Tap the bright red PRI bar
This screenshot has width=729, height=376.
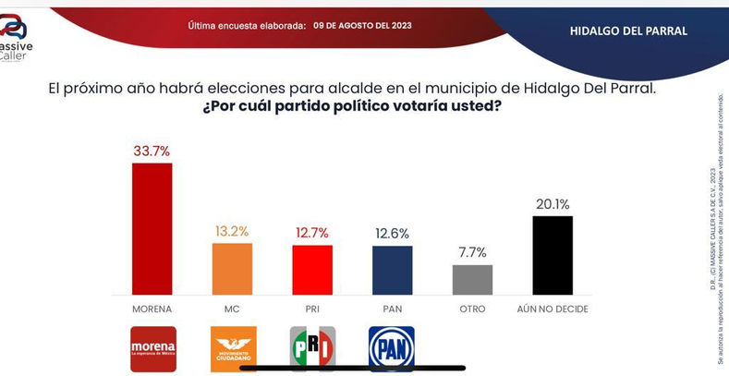[x=312, y=269]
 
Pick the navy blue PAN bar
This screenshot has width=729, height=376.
[x=393, y=269]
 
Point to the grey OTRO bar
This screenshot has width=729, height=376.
[x=472, y=278]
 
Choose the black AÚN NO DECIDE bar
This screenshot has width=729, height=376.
[x=553, y=254]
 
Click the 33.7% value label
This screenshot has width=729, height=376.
[x=152, y=151]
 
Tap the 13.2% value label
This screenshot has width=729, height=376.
[x=233, y=231]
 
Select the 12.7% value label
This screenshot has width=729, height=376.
[x=312, y=233]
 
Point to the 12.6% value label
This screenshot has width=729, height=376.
[x=393, y=234]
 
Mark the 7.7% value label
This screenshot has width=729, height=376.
[x=472, y=252]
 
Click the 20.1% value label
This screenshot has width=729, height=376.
[x=553, y=204]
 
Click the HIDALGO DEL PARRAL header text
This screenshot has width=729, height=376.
[x=628, y=30]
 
